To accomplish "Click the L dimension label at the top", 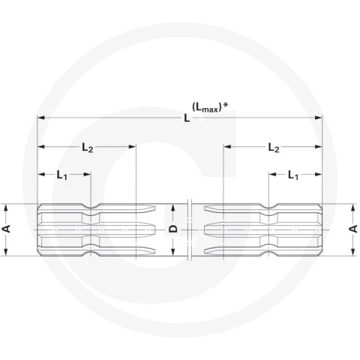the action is [187, 118].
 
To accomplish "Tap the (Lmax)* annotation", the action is [210, 107].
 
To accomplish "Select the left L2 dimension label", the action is [88, 148].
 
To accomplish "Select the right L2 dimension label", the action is [274, 148].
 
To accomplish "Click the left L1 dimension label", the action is [62, 175].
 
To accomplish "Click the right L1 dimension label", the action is [293, 175].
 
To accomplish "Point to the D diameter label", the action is [172, 229].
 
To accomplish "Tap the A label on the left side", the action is [7, 229].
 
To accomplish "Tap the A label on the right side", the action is [353, 229].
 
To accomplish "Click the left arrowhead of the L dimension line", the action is [40, 118].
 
